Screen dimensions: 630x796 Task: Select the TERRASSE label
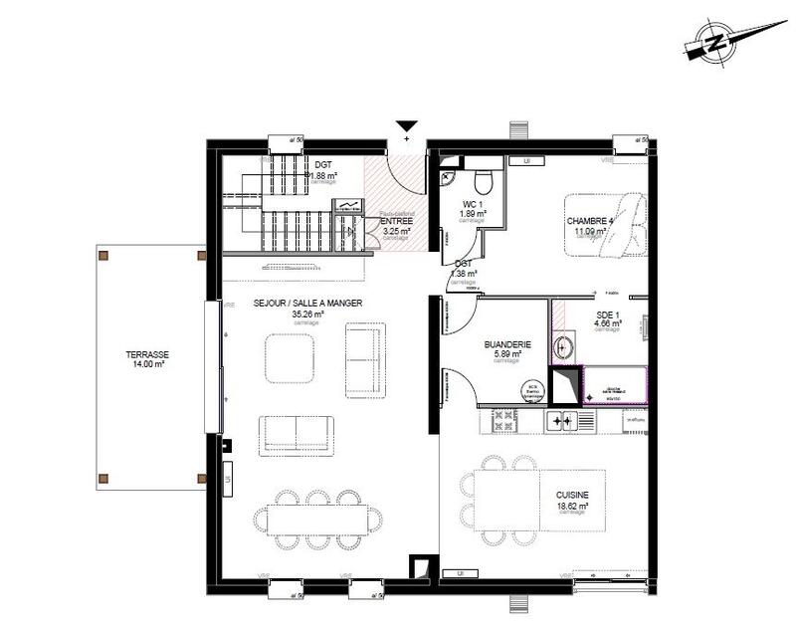(146, 354)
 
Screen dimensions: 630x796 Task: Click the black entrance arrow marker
(406, 126)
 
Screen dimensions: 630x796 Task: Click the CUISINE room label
(572, 495)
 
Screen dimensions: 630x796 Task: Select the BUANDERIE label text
(507, 344)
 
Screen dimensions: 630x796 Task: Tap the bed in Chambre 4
(605, 224)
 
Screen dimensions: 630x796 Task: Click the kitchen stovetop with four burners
(561, 422)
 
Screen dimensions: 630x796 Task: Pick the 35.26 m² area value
(307, 314)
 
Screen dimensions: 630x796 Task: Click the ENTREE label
(396, 221)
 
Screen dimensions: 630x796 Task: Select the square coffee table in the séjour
(290, 357)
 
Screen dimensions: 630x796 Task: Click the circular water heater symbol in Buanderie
(532, 391)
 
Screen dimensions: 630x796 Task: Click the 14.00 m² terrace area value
(146, 365)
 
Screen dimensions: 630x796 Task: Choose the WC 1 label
(473, 203)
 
